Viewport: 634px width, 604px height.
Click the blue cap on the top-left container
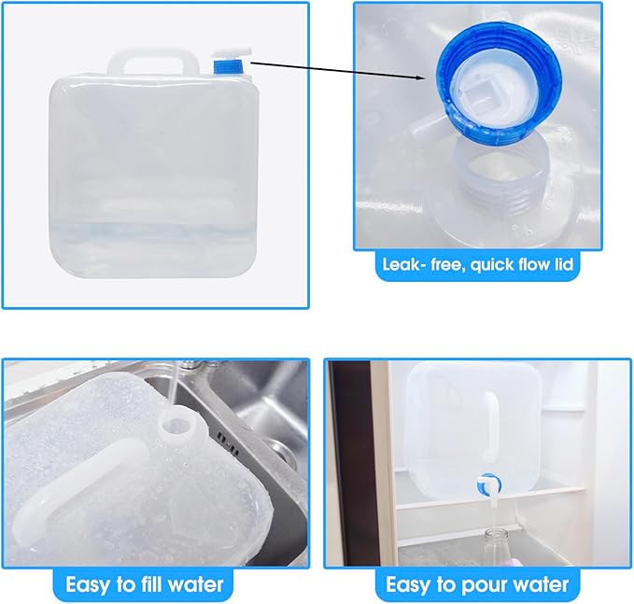pyautogui.click(x=227, y=66)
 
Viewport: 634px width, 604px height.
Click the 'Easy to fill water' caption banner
pyautogui.click(x=145, y=585)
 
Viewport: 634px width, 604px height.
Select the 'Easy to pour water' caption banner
pyautogui.click(x=477, y=585)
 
